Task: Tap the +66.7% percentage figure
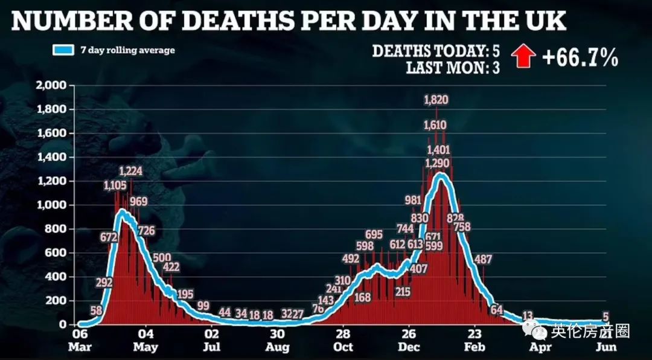tap(580, 58)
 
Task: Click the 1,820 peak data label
tap(436, 100)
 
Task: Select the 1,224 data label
tap(130, 171)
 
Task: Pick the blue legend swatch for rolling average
tap(63, 50)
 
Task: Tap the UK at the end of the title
tap(547, 21)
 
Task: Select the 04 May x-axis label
tap(145, 341)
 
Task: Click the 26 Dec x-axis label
tap(409, 341)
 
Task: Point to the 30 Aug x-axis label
tap(277, 341)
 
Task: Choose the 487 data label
tap(483, 260)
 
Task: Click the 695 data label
tap(374, 234)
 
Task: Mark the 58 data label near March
tap(95, 310)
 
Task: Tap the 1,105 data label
tap(115, 185)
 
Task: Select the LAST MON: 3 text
tap(453, 68)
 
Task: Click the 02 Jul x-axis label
tap(211, 341)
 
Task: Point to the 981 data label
tap(413, 201)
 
